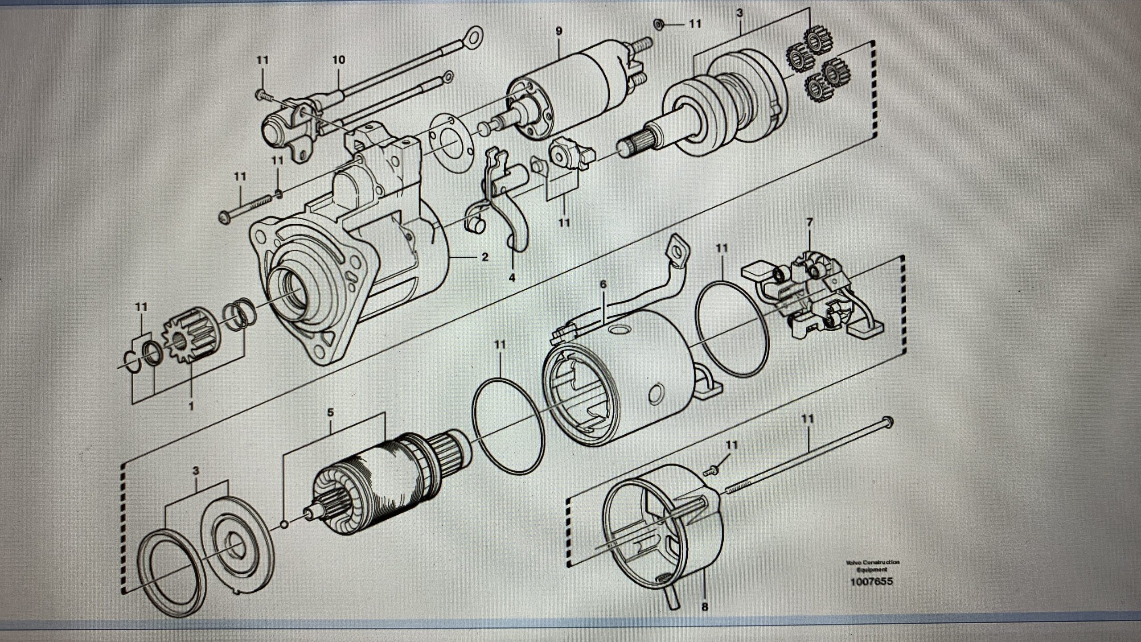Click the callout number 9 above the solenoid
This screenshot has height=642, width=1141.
(559, 31)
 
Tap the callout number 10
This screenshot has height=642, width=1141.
(339, 60)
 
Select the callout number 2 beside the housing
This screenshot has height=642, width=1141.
(485, 257)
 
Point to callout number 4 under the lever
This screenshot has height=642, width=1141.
(512, 278)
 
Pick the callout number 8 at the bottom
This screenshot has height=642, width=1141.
(704, 607)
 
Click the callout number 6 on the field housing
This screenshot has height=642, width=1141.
(603, 284)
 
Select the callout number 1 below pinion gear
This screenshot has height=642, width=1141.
(192, 406)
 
